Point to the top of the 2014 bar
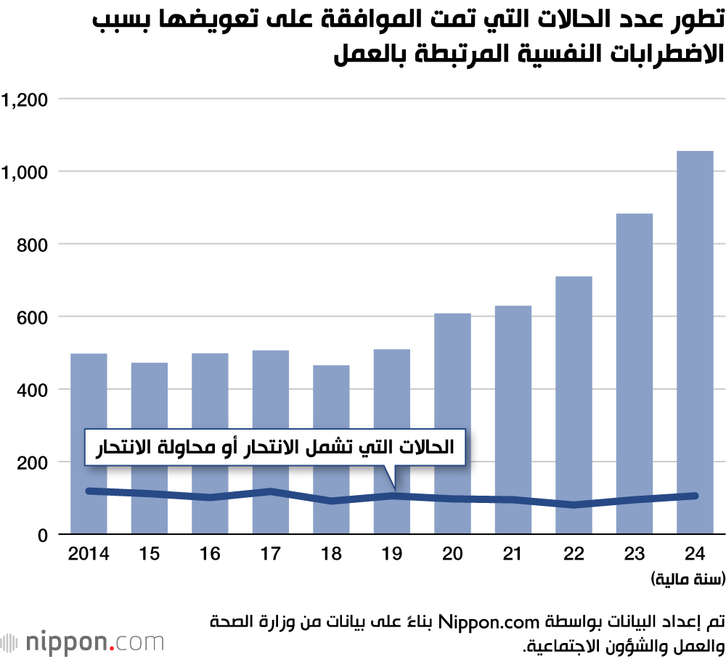[x=89, y=354]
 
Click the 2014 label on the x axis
[x=88, y=554]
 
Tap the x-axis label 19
[x=392, y=554]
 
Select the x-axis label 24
[x=695, y=554]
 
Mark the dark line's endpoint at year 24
[x=695, y=496]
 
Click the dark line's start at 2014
[x=89, y=491]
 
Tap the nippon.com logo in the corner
[x=83, y=642]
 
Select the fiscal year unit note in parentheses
[x=687, y=579]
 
